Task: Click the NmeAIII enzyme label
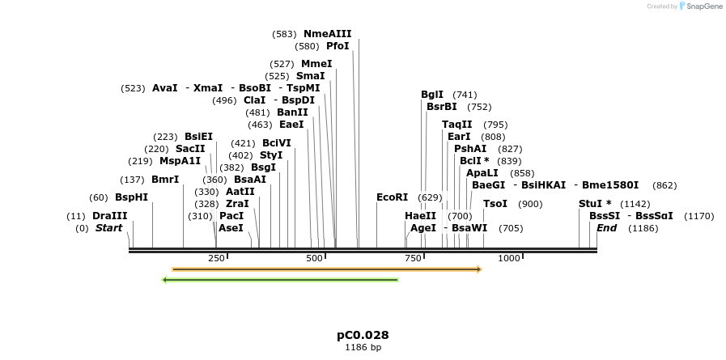point(327,34)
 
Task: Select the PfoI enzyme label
point(338,46)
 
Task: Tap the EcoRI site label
point(392,197)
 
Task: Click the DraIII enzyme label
point(109,216)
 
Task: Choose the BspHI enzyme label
point(131,197)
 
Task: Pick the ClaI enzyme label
point(254,100)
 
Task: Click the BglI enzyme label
point(432,95)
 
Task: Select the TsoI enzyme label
point(495,204)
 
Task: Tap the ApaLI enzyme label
point(482,173)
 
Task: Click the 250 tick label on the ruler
point(216,258)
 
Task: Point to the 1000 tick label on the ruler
point(509,258)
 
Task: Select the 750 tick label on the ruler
point(413,258)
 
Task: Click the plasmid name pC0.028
point(363,335)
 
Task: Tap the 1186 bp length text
point(363,348)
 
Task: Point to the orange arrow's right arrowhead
point(479,269)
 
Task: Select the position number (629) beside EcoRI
point(430,197)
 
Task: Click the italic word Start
point(108,228)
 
